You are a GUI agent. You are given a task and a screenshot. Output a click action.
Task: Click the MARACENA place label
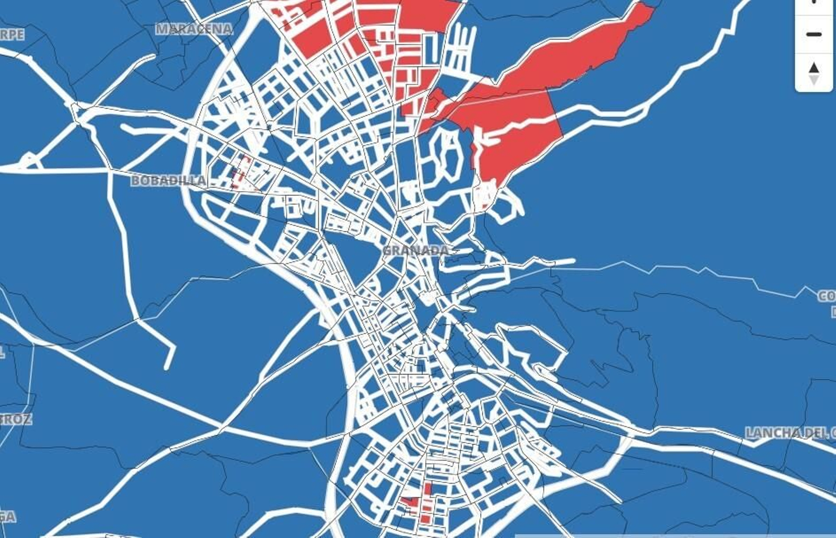pyautogui.click(x=194, y=29)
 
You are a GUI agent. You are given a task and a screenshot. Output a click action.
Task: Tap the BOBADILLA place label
pyautogui.click(x=168, y=181)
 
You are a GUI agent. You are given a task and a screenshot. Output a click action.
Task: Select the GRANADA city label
pyautogui.click(x=416, y=251)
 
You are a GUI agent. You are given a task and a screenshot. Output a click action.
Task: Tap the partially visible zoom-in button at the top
pyautogui.click(x=814, y=3)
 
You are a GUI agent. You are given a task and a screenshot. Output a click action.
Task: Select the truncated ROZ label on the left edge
pyautogui.click(x=16, y=419)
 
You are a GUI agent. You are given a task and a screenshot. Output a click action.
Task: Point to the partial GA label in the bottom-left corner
pyautogui.click(x=7, y=517)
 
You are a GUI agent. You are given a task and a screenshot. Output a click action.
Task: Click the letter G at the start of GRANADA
pyautogui.click(x=388, y=251)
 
